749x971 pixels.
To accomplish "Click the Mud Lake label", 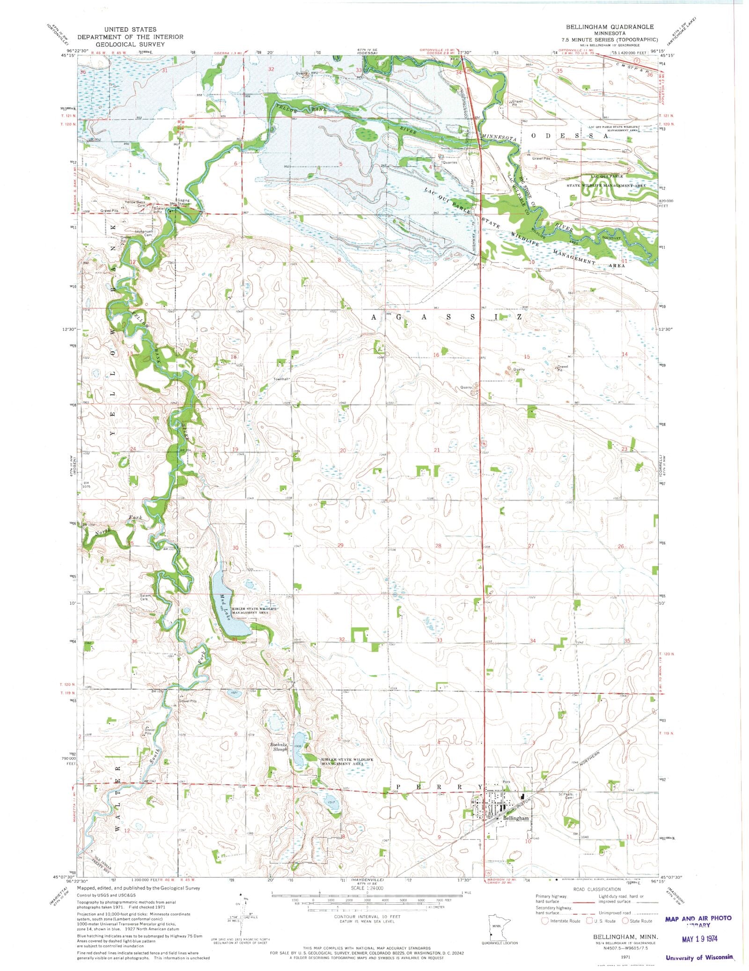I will pyautogui.click(x=224, y=603).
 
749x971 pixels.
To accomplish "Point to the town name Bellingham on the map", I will pyautogui.click(x=516, y=818).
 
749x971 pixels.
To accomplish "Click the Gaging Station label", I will pyautogui.click(x=183, y=202).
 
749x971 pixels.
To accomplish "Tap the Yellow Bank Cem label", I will pyautogui.click(x=135, y=204).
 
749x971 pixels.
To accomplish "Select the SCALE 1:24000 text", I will pyautogui.click(x=367, y=888).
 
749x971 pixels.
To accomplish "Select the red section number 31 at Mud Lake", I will pyautogui.click(x=235, y=639).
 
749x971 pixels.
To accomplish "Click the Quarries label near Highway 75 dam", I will pyautogui.click(x=450, y=162).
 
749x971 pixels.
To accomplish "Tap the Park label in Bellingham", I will pyautogui.click(x=506, y=782).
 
